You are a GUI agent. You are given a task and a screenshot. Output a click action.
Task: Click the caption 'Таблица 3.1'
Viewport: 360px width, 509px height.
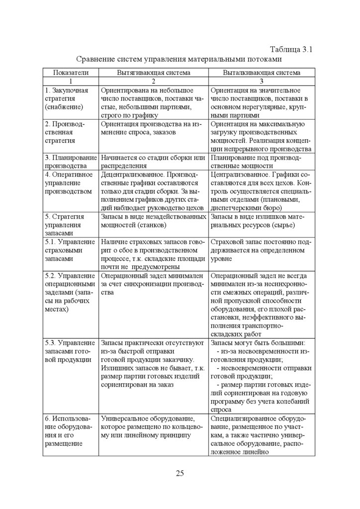[290, 49]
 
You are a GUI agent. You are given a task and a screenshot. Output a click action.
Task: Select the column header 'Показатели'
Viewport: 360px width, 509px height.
[71, 73]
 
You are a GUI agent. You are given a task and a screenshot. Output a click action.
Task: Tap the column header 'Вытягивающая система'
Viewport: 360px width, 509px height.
[153, 73]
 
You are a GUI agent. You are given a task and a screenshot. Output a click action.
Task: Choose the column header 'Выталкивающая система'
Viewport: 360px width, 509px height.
[262, 73]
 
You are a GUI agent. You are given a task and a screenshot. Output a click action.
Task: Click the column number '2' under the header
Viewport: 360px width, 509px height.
[153, 81]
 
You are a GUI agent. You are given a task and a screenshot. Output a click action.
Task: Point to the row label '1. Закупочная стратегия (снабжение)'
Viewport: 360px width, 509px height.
[67, 98]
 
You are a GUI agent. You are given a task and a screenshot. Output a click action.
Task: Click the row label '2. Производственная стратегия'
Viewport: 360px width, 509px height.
[65, 132]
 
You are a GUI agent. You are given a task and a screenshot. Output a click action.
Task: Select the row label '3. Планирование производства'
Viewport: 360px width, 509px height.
[70, 162]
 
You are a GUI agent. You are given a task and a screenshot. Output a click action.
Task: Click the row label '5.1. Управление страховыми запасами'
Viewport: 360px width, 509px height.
[70, 250]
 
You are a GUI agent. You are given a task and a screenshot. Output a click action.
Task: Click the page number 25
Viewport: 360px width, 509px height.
[180, 473]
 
